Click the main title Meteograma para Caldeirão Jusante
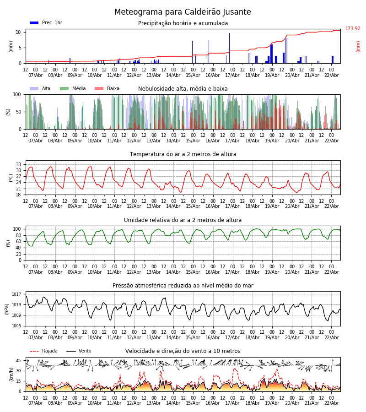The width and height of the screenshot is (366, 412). [x=183, y=12]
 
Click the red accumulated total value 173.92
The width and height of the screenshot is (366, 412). [x=353, y=29]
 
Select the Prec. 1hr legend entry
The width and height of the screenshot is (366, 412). [x=46, y=23]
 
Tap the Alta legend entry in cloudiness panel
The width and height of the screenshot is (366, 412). [x=41, y=89]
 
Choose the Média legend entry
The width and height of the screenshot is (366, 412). [x=73, y=89]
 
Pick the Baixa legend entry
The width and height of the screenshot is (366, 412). [x=107, y=89]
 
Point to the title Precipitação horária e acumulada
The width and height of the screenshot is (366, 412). [x=183, y=23]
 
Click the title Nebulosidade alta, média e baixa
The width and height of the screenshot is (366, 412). [x=183, y=89]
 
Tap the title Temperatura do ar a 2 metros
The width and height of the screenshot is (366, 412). [x=183, y=154]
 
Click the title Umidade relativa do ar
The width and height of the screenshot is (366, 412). [x=183, y=220]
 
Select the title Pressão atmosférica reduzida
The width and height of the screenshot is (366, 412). [x=183, y=286]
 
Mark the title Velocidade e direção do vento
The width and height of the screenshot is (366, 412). [x=183, y=351]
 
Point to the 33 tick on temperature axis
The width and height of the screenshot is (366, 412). [x=18, y=164]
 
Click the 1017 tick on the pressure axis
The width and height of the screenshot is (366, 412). [x=17, y=294]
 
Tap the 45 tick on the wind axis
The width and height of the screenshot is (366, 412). [x=18, y=361]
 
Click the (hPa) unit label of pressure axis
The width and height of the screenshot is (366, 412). [x=7, y=309]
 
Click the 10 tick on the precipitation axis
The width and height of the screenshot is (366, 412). [x=18, y=32]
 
